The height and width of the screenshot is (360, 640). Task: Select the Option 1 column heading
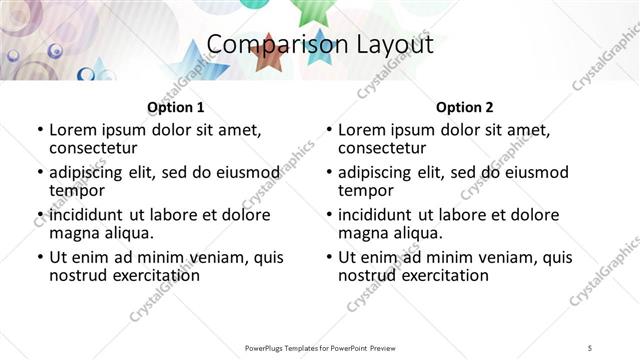(x=176, y=107)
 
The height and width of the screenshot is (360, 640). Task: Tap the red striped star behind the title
(x=268, y=56)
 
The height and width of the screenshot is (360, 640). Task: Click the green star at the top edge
(x=310, y=10)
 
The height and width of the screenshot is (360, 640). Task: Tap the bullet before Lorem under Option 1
(x=40, y=131)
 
